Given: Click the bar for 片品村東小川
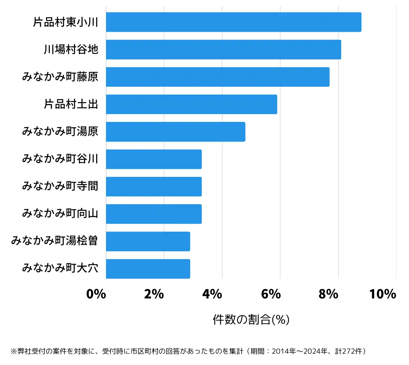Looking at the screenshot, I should (233, 22).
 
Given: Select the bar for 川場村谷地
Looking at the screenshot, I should (223, 50).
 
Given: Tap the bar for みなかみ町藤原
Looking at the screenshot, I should (217, 77).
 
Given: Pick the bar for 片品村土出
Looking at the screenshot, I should (191, 104).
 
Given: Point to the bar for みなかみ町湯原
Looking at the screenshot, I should (176, 132).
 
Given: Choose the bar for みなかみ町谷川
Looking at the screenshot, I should (154, 159).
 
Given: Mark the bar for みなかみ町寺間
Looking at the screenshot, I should (154, 186).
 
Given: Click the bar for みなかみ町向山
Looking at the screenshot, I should (154, 214).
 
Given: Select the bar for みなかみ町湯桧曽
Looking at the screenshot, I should (148, 241).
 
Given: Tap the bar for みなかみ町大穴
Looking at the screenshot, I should (148, 269).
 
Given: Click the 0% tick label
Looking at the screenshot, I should (96, 294).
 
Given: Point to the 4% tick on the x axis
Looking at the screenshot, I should (212, 294).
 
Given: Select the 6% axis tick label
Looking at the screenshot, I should (271, 294).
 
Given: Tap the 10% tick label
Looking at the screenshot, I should (382, 294).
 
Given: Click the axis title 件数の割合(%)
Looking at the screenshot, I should (251, 320).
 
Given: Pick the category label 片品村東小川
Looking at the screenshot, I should (66, 22).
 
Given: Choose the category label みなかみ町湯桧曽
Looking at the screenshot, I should (55, 241).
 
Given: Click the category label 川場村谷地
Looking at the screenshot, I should (71, 50).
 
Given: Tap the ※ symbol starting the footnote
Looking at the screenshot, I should (14, 351).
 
